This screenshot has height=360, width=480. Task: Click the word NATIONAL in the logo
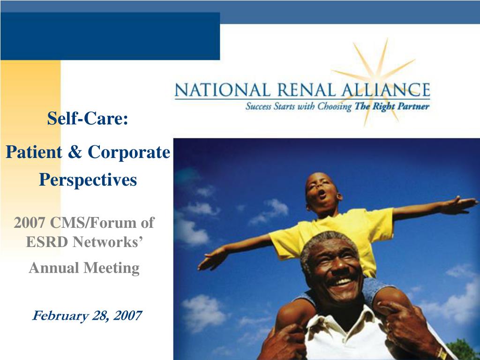tap(223, 90)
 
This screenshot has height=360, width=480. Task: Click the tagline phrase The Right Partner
tap(392, 106)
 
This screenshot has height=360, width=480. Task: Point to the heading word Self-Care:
tap(88, 118)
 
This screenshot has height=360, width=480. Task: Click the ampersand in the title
tap(75, 151)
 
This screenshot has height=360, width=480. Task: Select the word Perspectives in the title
tap(88, 180)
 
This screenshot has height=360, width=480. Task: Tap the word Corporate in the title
tap(129, 152)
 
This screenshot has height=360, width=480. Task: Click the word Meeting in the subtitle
tap(112, 268)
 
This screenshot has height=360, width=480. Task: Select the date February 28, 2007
tap(87, 315)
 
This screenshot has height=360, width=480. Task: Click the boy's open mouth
tap(322, 194)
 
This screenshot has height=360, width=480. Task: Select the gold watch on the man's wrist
tap(442, 354)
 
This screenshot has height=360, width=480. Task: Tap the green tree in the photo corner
tap(463, 350)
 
